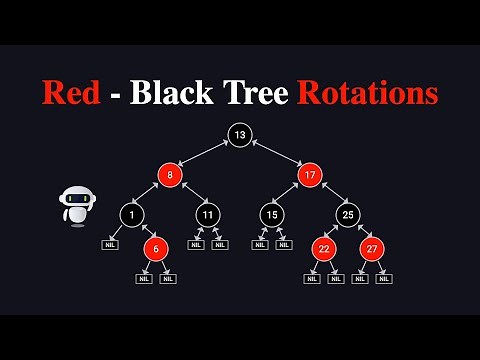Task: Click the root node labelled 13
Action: [239, 135]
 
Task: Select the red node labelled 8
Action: [170, 175]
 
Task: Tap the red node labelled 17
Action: [308, 175]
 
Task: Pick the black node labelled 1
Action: [133, 213]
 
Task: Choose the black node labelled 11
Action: [208, 213]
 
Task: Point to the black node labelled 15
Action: [272, 213]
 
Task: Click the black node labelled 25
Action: [347, 213]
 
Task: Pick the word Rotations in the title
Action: [366, 93]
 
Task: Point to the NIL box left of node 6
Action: [110, 244]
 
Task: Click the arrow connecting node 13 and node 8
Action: [204, 155]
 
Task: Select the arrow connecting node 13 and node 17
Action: [274, 155]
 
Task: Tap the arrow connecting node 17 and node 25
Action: [328, 194]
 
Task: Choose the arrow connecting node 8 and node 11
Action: [189, 194]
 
